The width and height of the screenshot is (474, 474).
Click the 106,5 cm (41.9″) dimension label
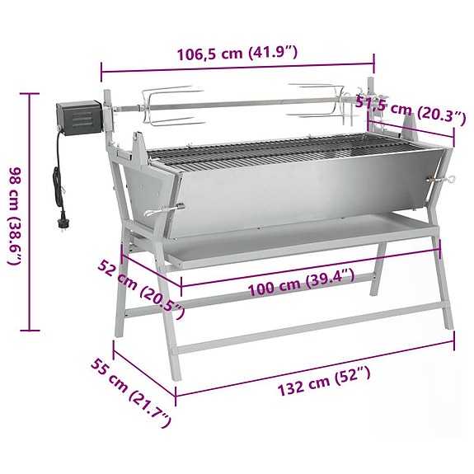click(x=237, y=54)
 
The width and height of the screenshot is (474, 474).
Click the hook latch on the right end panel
click(x=443, y=181)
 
